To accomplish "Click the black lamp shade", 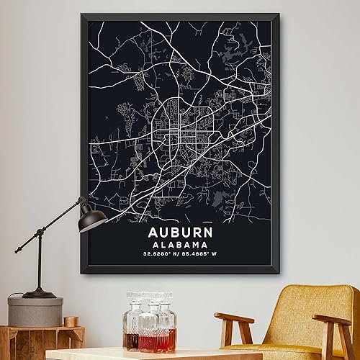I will click(x=92, y=214).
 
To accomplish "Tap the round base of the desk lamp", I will click(x=39, y=293).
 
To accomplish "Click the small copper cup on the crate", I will click(x=70, y=321).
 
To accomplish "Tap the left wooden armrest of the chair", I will click(x=233, y=318).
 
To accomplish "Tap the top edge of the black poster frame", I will click(x=179, y=15).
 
